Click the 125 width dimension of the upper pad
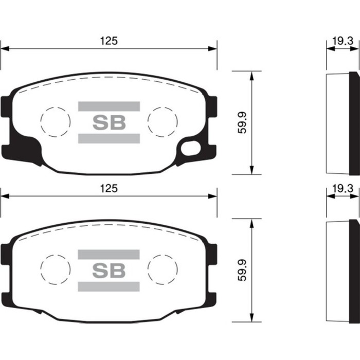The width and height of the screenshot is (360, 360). pyautogui.click(x=109, y=41)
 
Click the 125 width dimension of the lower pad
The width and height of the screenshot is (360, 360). pyautogui.click(x=109, y=188)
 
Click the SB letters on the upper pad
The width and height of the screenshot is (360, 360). pyautogui.click(x=109, y=122)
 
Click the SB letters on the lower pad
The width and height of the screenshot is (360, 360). pyautogui.click(x=109, y=271)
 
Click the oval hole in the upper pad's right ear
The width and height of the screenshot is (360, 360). pyautogui.click(x=192, y=149)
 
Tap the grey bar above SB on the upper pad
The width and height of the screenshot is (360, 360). pyautogui.click(x=109, y=106)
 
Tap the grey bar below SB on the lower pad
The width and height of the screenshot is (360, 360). pyautogui.click(x=109, y=287)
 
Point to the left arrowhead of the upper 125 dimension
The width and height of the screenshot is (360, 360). pyautogui.click(x=4, y=49)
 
